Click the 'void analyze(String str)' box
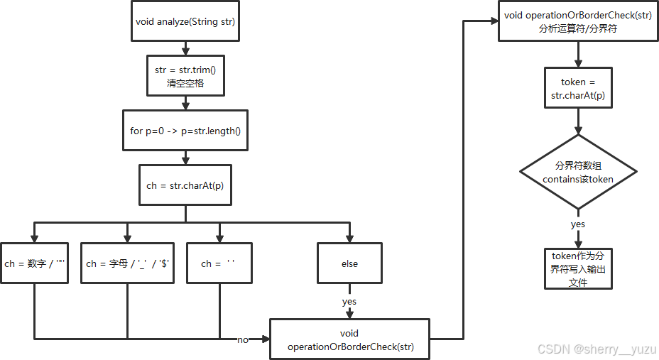pos(185,22)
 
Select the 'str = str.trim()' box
pos(185,76)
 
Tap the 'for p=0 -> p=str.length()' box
pos(185,130)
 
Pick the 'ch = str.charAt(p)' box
pos(185,185)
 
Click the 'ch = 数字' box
pos(35,263)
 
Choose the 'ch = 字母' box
pos(127,263)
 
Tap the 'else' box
pos(349,263)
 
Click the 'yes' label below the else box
pos(349,301)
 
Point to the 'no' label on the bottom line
pos(243,340)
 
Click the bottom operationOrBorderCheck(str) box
pos(349,340)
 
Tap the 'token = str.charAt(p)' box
pos(579,89)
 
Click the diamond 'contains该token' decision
pos(579,172)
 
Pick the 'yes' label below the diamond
pos(579,224)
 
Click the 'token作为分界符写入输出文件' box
pos(579,268)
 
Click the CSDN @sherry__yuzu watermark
pos(594,349)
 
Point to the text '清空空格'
pos(185,83)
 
